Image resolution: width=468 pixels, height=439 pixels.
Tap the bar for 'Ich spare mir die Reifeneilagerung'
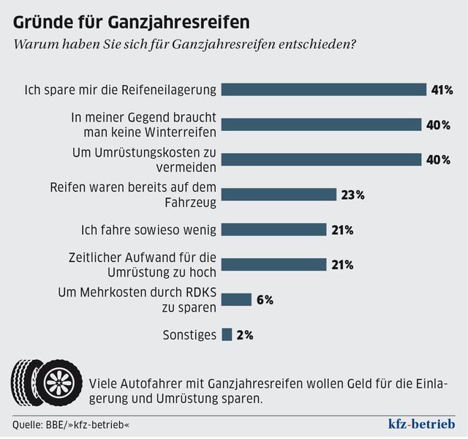point(323,90)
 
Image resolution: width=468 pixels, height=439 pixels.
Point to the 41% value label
point(442,90)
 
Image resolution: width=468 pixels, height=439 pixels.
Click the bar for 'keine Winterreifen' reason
point(321,124)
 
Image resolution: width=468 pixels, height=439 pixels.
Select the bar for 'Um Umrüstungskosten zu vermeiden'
point(321,160)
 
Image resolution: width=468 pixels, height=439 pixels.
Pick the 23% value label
point(352,195)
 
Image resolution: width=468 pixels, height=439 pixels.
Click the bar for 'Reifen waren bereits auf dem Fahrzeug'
point(279,195)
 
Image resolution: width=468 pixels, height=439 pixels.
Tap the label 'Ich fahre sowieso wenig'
point(148,230)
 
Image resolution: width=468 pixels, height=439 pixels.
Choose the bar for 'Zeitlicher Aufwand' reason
point(273,265)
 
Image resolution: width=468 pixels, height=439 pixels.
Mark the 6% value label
point(264,300)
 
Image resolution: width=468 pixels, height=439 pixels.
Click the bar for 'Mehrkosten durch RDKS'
point(236,300)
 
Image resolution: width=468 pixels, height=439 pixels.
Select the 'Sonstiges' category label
point(189,335)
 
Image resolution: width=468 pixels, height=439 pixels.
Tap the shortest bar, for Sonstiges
point(227,335)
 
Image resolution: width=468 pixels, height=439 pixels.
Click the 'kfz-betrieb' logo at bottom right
point(421,424)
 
